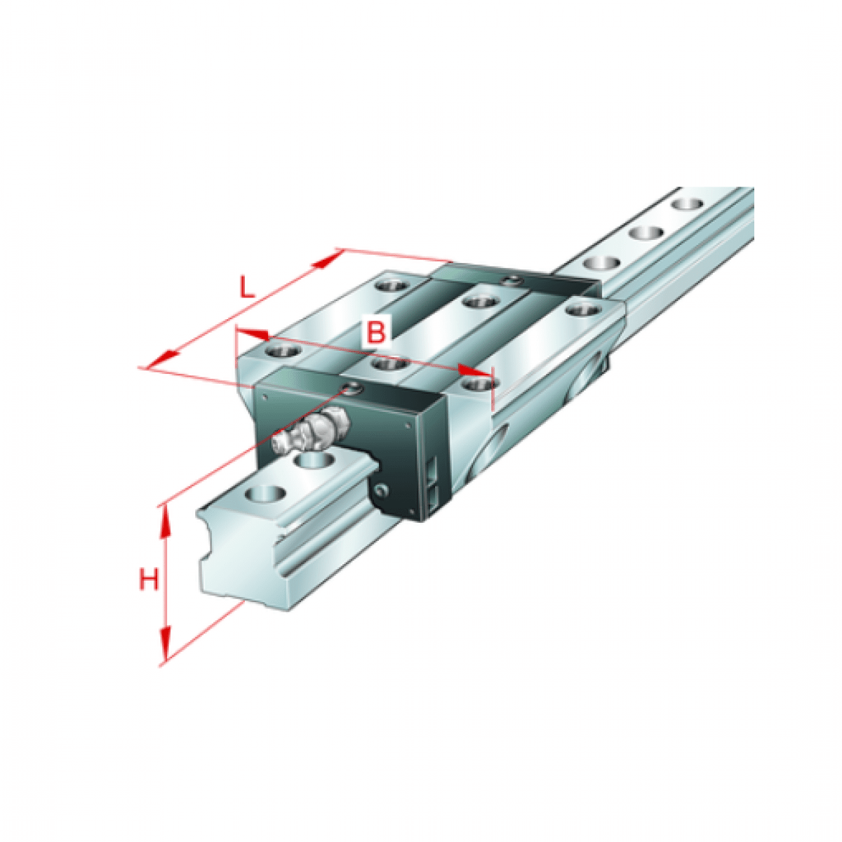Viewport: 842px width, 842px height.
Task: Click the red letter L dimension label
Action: coord(245,288)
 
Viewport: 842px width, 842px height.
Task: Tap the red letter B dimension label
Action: coord(377,331)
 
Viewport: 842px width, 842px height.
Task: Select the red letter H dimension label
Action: coord(148,580)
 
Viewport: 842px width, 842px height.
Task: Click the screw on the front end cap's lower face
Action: coord(381,489)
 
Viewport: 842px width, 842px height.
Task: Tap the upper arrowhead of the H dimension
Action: coord(166,519)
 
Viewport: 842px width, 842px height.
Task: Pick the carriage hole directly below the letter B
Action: coord(388,364)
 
